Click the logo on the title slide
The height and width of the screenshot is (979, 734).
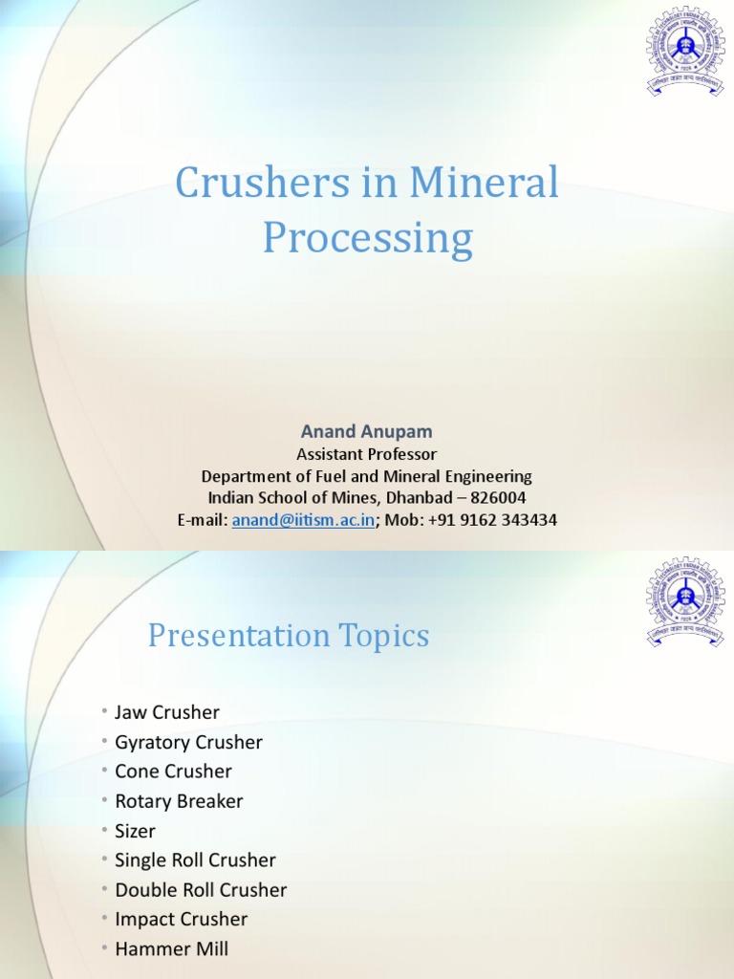click(x=685, y=49)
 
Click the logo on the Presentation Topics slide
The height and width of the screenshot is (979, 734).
click(x=685, y=602)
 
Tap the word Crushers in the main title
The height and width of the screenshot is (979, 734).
click(x=250, y=183)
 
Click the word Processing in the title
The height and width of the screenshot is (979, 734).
click(x=368, y=238)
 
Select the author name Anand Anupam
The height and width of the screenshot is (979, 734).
click(x=366, y=433)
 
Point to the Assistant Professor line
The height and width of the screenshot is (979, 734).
click(x=366, y=454)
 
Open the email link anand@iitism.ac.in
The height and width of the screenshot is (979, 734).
click(x=303, y=520)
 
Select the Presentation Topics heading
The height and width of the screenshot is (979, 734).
click(x=289, y=636)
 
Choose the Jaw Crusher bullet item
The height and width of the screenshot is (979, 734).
click(x=167, y=712)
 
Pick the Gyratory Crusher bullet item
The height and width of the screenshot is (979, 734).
click(x=188, y=742)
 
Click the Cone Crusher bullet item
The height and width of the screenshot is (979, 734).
click(x=173, y=772)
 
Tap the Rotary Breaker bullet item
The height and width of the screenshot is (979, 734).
click(x=179, y=801)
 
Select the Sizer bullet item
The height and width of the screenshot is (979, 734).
click(x=135, y=831)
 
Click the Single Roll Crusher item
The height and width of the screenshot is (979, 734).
click(x=195, y=860)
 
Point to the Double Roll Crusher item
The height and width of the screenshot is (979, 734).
click(x=201, y=890)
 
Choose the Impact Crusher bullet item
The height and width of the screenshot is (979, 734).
click(x=181, y=920)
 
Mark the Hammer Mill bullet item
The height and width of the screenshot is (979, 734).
click(x=171, y=949)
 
